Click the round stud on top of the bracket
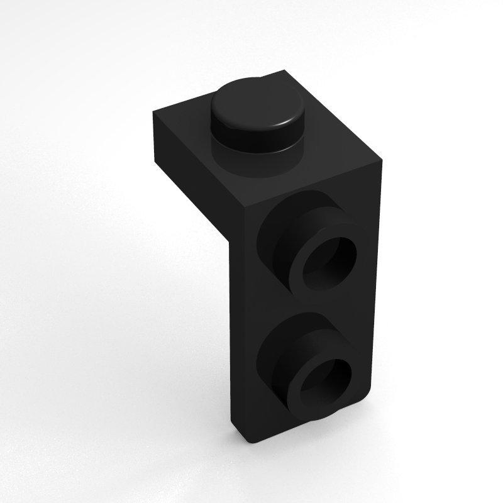click(256, 113)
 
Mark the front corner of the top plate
click(241, 207)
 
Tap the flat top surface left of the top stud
click(189, 126)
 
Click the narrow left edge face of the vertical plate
click(234, 327)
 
